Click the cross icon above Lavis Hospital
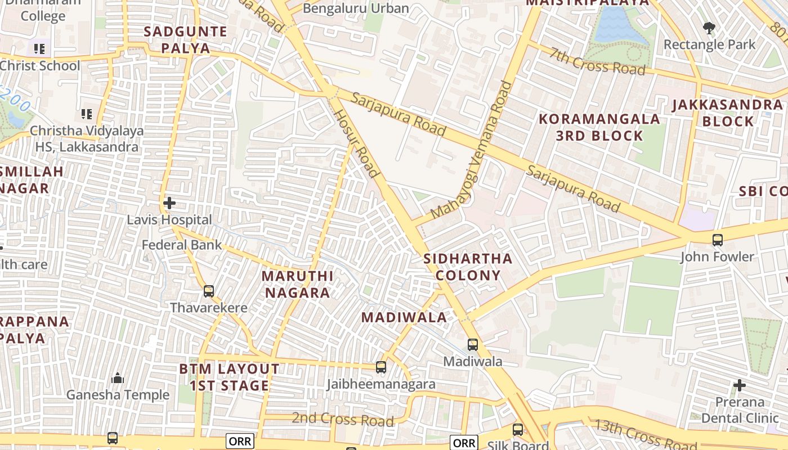coord(169,202)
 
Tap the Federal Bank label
coord(182,245)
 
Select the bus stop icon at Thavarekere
coord(209,291)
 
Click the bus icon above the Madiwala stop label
coord(473,345)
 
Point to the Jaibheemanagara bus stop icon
coord(381,367)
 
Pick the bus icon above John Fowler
coord(717,240)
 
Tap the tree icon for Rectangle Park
coord(709,27)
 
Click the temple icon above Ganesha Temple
coord(118,378)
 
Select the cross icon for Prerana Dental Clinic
coord(740,385)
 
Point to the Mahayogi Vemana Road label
coord(472,150)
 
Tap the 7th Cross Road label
coord(598,61)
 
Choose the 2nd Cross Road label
coord(342,420)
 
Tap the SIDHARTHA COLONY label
coord(468,267)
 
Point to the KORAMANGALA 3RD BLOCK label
coord(599,127)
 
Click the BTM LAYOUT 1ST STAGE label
coord(229,377)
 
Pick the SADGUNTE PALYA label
coord(185,39)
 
